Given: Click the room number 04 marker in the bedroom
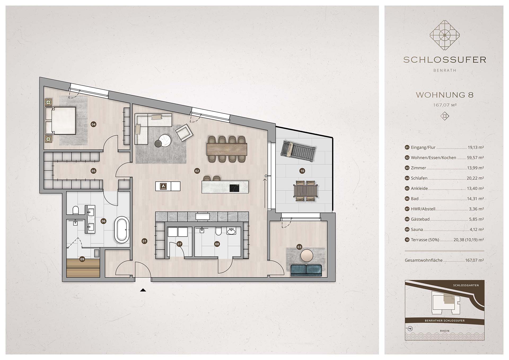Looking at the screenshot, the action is click(93, 124).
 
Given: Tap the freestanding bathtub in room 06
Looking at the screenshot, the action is click(122, 230).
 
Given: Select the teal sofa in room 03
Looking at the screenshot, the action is click(306, 270).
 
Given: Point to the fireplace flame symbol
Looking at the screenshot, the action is click(164, 186).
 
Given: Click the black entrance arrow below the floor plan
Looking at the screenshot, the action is click(143, 290).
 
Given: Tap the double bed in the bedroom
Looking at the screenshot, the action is click(60, 120).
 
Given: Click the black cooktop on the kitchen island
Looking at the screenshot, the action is click(234, 188).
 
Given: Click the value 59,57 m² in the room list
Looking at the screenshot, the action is click(475, 157).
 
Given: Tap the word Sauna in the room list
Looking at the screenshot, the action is click(417, 230).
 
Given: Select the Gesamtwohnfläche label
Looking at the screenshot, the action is click(423, 260).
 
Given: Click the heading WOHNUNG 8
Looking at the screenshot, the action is click(445, 95).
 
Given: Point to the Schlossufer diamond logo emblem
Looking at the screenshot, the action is click(445, 35).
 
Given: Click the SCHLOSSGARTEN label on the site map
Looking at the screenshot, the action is click(466, 286).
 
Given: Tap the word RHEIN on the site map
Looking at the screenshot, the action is click(445, 331).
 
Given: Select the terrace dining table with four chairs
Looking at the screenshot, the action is click(306, 191).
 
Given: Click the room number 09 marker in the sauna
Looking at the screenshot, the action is click(82, 259).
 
